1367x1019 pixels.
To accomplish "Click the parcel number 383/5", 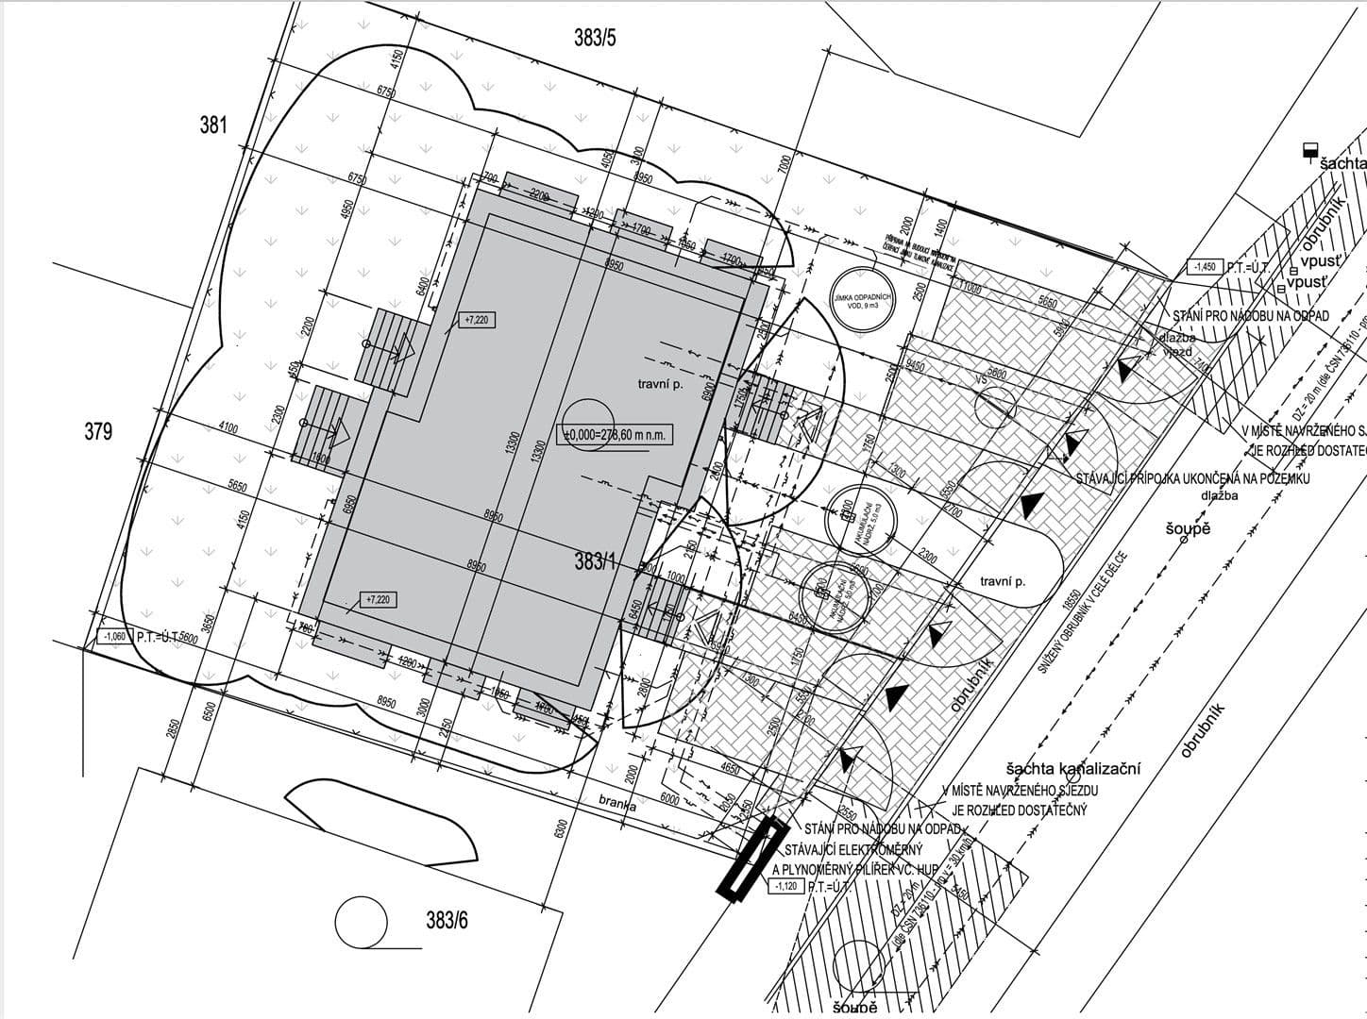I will pos(595,39).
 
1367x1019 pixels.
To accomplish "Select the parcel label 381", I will pos(213,125).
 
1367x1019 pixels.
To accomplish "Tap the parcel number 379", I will pos(98,431).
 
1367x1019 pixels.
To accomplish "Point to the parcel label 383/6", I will pos(441,920).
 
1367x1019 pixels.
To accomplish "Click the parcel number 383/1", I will pos(595,562).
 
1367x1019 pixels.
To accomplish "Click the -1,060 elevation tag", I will pos(115,637).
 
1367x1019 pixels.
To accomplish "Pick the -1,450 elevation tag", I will pos(1205,267).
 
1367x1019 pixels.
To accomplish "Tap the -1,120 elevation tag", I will pos(786,886).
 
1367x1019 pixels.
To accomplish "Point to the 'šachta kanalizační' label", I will pos(1073,769).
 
